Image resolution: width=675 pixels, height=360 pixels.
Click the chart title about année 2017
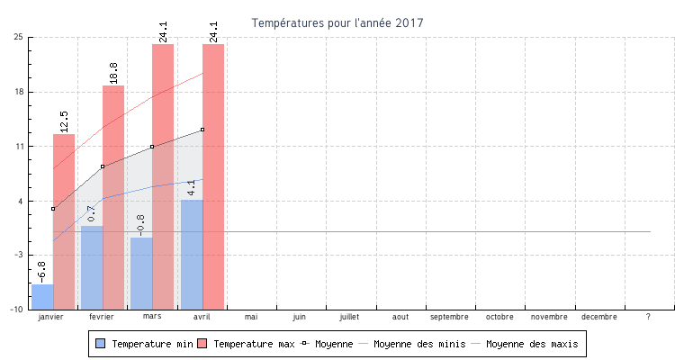[337, 22]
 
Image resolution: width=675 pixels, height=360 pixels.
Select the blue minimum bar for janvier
[42, 297]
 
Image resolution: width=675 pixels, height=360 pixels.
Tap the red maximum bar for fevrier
[113, 197]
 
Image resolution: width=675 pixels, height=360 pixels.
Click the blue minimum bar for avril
[192, 255]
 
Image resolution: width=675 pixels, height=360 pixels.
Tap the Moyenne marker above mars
[152, 147]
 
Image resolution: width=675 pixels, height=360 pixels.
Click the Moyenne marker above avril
[202, 130]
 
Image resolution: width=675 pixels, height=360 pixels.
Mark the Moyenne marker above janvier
[53, 209]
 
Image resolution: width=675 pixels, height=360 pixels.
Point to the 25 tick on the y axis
[18, 38]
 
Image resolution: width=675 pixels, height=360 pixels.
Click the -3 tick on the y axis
[18, 256]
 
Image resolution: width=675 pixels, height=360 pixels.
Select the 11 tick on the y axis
[18, 147]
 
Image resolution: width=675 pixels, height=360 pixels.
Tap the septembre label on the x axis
[449, 317]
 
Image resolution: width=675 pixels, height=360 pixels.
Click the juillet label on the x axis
[350, 317]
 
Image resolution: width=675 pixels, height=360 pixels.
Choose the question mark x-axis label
[648, 317]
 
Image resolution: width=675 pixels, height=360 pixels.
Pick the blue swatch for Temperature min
[101, 344]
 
